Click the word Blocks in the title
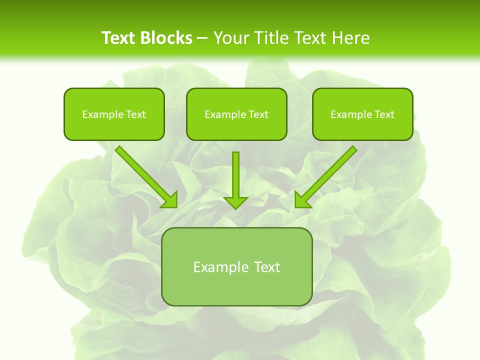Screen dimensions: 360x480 (x=167, y=38)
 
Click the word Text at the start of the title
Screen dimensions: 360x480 (x=119, y=38)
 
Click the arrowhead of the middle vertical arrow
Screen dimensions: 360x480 (x=235, y=202)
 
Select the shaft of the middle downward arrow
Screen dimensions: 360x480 (x=235, y=172)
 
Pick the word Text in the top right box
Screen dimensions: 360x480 (x=384, y=114)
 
